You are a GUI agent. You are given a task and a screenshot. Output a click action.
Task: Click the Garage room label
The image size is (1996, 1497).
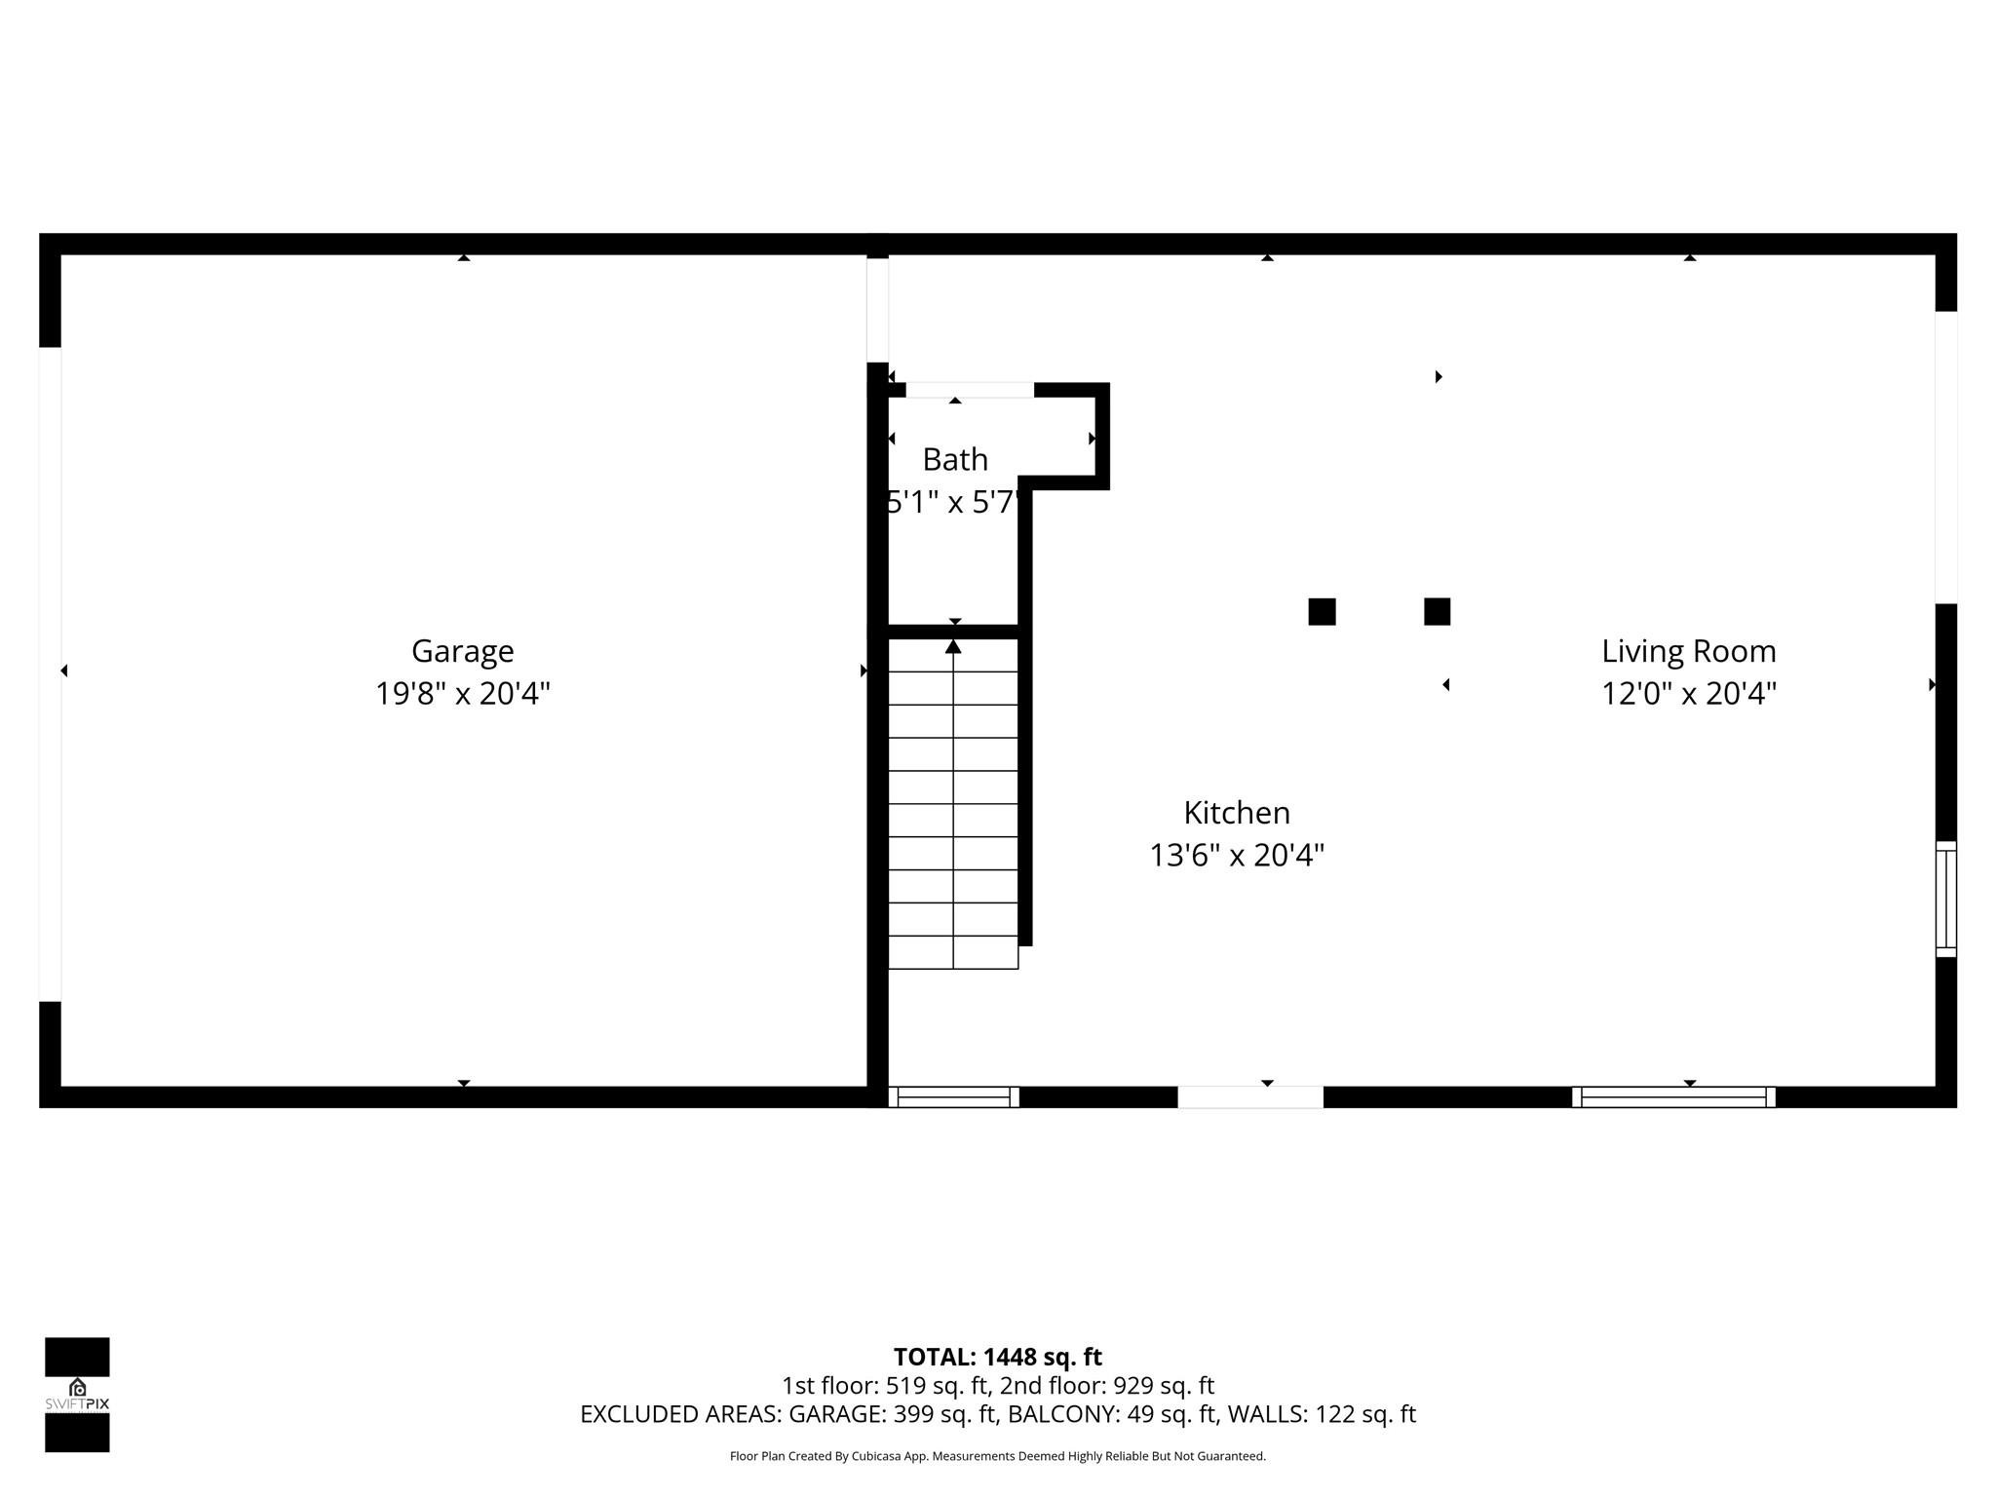coord(462,651)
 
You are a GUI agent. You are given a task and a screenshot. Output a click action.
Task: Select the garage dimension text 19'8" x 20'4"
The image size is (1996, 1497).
coord(463,694)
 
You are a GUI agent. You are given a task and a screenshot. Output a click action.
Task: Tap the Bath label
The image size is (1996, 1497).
coord(955,459)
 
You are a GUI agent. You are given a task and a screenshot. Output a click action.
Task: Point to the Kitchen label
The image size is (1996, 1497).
coord(1237,813)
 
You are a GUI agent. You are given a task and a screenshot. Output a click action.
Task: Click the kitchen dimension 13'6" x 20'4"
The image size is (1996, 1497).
coord(1237,856)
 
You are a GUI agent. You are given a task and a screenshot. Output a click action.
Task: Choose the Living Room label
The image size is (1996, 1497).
coord(1689,651)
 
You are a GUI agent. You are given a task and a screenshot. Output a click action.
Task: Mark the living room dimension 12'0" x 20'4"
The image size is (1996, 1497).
coord(1689,694)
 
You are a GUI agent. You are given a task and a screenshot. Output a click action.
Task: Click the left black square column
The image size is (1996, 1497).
coord(1322,612)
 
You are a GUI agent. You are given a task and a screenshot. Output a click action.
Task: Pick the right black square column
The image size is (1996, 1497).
coord(1437,612)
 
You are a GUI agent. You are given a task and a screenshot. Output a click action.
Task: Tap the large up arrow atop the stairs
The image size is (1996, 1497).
coord(953,646)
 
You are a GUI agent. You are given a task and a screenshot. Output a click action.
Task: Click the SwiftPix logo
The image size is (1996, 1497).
coord(77,1395)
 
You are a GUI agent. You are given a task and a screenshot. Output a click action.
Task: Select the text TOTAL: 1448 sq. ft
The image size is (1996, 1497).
coord(997,1357)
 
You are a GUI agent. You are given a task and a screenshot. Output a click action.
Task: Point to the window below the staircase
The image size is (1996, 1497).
coord(953,1097)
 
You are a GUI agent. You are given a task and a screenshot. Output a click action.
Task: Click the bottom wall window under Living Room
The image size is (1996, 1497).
coord(1673,1097)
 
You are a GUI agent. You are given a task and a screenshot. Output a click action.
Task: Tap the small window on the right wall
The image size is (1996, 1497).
coord(1945,899)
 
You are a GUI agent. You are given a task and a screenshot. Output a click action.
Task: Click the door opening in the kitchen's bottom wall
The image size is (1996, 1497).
coord(1250,1097)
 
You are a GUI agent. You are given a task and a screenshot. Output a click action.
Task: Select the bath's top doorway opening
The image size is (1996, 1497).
coord(970,390)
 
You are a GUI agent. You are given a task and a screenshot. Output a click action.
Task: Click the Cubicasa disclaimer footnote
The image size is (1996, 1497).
coord(997,1456)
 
